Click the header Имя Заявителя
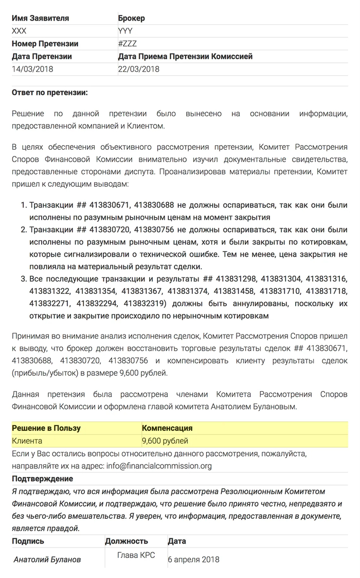[40, 18]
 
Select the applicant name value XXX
[19, 31]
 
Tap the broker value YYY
[125, 31]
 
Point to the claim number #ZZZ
[128, 44]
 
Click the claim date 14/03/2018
[32, 69]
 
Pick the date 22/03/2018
[139, 69]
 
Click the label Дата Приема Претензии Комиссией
[185, 57]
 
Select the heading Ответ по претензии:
[50, 93]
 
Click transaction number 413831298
[235, 279]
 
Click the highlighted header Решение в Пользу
[46, 428]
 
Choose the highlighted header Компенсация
[167, 428]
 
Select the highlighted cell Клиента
[27, 441]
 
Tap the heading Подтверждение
[42, 479]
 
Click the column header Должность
[127, 541]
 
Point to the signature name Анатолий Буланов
[47, 559]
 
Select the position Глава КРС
[136, 555]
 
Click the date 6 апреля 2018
[193, 559]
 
